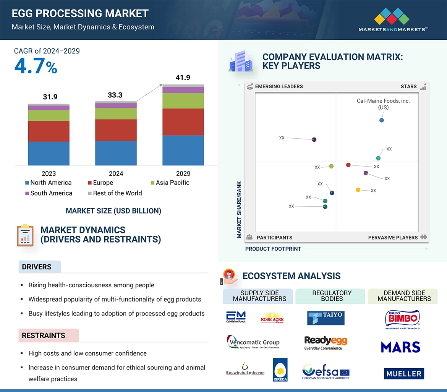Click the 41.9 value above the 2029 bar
[x=183, y=78]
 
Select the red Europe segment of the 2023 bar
[x=49, y=131]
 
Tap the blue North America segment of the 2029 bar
[x=183, y=150]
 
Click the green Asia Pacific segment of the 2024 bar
[x=116, y=113]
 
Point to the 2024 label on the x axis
[x=116, y=173]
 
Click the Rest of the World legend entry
[x=115, y=193]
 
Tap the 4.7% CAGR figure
[x=36, y=66]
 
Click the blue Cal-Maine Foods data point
[x=381, y=120]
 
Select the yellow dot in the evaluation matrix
[x=358, y=190]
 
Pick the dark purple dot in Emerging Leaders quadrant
[x=314, y=140]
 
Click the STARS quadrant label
[x=408, y=86]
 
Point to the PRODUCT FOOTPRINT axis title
[x=273, y=249]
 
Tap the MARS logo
[x=400, y=347]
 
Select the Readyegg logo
[x=326, y=342]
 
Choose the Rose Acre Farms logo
[x=272, y=317]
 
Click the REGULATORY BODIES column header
[x=332, y=296]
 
